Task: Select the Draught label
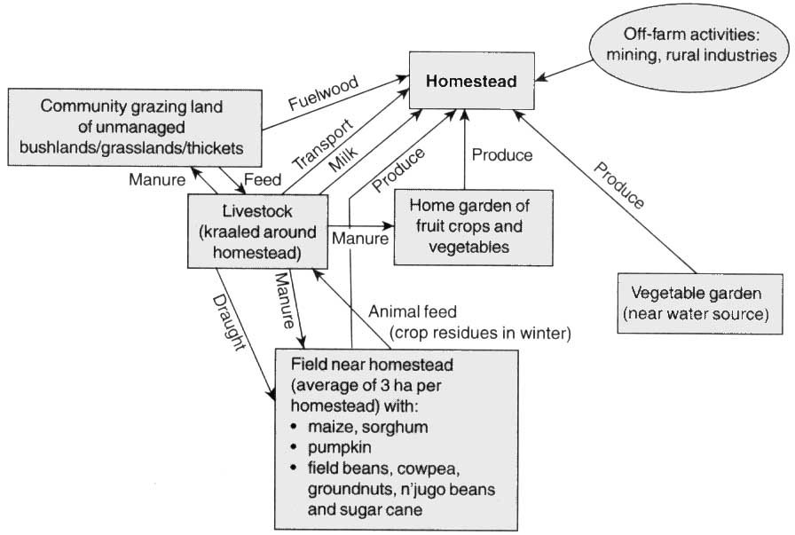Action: click(x=229, y=320)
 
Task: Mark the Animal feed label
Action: click(x=413, y=312)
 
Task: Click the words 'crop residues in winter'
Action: click(x=480, y=333)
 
